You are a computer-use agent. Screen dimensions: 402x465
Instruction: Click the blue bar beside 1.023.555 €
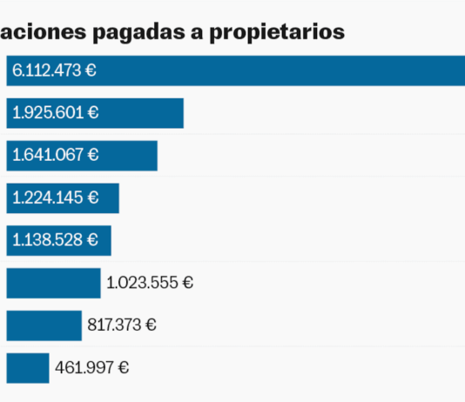(x=53, y=283)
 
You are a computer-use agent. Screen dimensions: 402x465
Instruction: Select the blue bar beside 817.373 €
(x=44, y=325)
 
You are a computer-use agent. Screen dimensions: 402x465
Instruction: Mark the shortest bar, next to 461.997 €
(x=28, y=367)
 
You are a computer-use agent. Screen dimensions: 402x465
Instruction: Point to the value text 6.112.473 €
(x=54, y=70)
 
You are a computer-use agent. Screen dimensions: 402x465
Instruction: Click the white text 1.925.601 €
(x=55, y=113)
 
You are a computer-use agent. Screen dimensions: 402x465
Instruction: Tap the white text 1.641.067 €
(x=55, y=155)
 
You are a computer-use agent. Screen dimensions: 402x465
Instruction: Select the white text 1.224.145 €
(x=55, y=198)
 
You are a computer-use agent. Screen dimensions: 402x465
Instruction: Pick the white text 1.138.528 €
(x=55, y=239)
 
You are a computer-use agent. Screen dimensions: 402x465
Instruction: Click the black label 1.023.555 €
(x=150, y=283)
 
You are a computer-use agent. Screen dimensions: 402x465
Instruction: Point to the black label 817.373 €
(x=122, y=325)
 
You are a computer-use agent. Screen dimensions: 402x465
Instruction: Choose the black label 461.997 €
(x=92, y=367)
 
